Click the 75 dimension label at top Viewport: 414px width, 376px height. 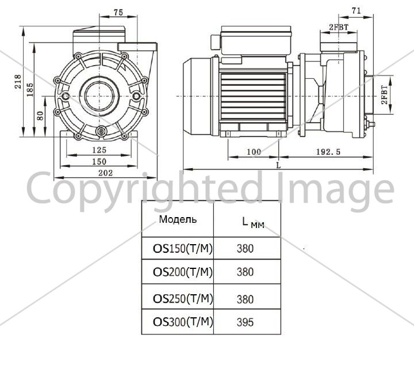pos(118,13)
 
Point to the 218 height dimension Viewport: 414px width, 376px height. pos(18,81)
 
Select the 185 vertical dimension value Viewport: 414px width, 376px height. pos(30,90)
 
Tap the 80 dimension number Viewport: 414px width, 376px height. pos(40,116)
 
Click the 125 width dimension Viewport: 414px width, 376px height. pos(99,150)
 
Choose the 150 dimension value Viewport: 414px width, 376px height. pos(99,162)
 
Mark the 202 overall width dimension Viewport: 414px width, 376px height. pos(106,173)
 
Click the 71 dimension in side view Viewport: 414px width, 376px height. pos(356,11)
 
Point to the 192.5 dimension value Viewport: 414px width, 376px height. pos(329,152)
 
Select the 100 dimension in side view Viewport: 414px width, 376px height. pos(254,152)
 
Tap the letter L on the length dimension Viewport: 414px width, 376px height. pos(278,165)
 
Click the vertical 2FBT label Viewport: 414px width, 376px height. pos(385,94)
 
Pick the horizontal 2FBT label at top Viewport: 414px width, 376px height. pos(339,26)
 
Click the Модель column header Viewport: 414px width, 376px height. pos(178,219)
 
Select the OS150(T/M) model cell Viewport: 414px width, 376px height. pos(183,249)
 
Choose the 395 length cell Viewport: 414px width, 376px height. pos(245,322)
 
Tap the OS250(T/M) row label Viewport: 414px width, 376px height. pos(183,298)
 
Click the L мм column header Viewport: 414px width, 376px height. pos(253,223)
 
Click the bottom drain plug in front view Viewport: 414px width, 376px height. pos(101,131)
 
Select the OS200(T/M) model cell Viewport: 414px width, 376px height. pos(183,272)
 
